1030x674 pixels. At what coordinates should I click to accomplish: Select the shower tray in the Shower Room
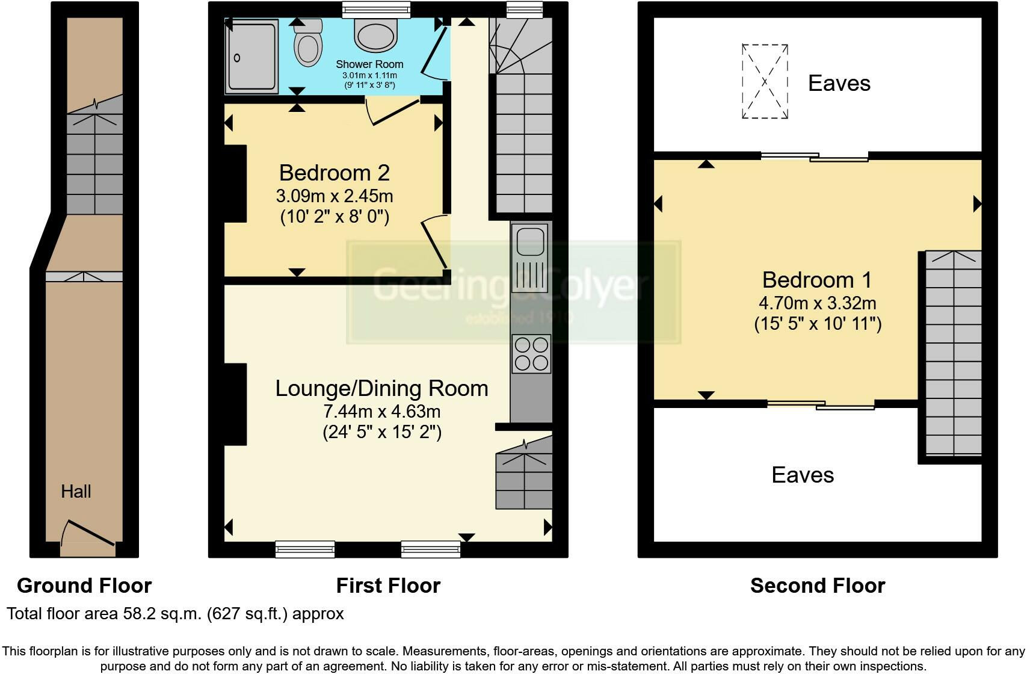tap(251, 56)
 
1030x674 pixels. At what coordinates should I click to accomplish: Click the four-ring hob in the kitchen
tap(532, 353)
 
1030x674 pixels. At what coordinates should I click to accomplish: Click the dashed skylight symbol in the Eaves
tap(765, 81)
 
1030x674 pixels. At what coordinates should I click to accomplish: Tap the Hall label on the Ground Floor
tap(76, 491)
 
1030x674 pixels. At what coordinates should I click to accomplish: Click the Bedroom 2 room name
tap(335, 173)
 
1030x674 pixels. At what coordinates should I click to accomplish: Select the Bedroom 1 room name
tap(816, 280)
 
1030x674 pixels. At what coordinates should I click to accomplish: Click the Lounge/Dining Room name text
tap(381, 388)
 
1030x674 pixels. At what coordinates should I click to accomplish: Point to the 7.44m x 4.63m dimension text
tap(381, 411)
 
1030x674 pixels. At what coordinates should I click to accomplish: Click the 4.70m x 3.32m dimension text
tap(817, 303)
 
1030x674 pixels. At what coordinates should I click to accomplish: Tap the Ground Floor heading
tap(84, 586)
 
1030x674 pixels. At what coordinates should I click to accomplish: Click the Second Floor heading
tap(818, 586)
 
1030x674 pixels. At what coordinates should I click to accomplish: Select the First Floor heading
tap(388, 586)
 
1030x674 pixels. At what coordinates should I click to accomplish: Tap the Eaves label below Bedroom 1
tap(803, 475)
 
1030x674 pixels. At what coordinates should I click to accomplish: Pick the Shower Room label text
tap(369, 64)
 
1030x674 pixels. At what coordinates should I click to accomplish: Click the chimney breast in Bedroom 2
tap(235, 184)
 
